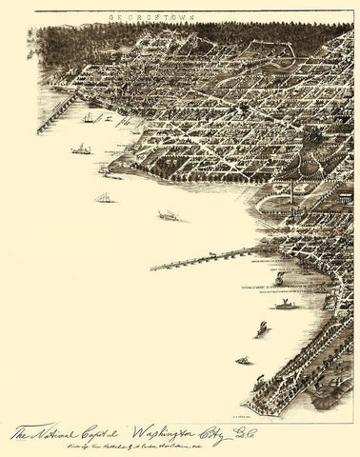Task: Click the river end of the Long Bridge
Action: [x=155, y=268]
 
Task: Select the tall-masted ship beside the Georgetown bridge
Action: [x=89, y=116]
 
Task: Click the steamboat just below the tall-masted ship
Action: [x=81, y=149]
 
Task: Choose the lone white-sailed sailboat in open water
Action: [x=103, y=197]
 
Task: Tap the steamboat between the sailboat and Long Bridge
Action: [x=168, y=217]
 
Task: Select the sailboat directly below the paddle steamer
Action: [x=262, y=328]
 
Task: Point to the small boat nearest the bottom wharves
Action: [x=244, y=361]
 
